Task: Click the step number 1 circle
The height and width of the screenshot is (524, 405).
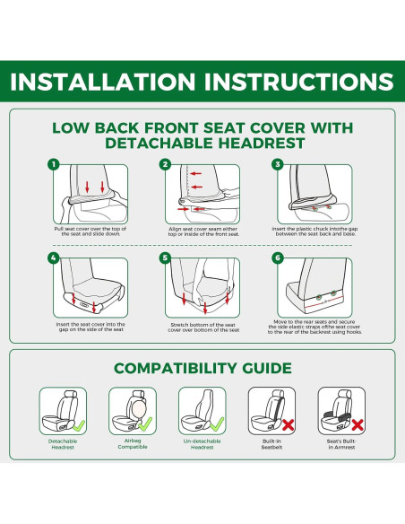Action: coord(54,164)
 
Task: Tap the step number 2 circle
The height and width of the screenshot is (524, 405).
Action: coord(165,164)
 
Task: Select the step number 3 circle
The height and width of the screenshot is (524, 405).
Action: coord(278,164)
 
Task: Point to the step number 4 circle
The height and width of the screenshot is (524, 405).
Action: coord(54,258)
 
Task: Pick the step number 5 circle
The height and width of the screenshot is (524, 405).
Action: coord(165,258)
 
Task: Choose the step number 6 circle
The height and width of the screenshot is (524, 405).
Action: coord(278,258)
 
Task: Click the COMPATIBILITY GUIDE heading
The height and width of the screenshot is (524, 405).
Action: coord(202,368)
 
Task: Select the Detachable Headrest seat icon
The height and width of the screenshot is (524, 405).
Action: coord(62,410)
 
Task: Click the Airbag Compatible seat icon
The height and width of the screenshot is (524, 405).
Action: coord(132,410)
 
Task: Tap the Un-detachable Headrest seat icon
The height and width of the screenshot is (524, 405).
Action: coord(202,410)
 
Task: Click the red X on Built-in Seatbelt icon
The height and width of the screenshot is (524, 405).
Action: coord(286,424)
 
